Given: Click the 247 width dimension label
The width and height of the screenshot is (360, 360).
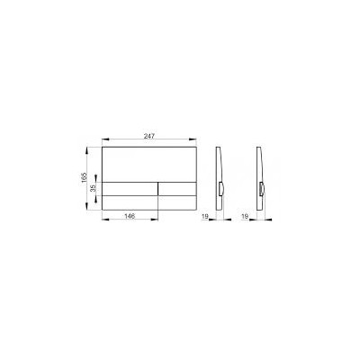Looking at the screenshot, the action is tap(149, 136).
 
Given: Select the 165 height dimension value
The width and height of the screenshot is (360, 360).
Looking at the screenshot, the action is tap(84, 177).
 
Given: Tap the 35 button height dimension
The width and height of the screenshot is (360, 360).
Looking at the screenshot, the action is tap(93, 188).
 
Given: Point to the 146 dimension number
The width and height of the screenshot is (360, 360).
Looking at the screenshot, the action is tap(130, 216).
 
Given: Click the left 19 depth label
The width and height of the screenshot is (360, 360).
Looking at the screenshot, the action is tap(205, 216).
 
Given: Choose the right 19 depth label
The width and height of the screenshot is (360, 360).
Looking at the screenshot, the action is tap(245, 216).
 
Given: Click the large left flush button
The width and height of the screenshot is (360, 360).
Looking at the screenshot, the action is tap(130, 188).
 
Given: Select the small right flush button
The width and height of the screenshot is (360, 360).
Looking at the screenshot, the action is tap(177, 188).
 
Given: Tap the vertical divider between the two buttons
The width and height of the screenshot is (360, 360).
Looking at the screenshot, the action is tap(157, 188).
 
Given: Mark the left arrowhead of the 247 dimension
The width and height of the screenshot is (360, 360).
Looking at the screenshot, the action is tap(105, 139).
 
